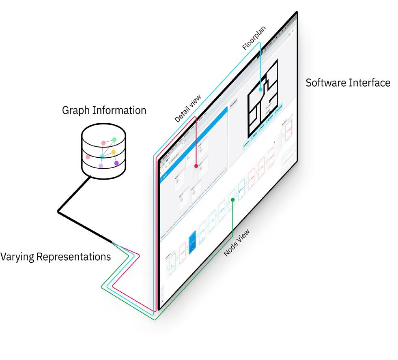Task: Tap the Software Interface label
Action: [348, 83]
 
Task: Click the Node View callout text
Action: [237, 244]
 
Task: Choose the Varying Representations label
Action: [56, 257]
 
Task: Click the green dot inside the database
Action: [114, 140]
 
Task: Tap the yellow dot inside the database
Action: [114, 152]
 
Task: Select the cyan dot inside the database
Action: [102, 156]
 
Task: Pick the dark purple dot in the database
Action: [116, 163]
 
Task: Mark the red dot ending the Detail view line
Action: [196, 166]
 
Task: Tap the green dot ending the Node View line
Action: [232, 199]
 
